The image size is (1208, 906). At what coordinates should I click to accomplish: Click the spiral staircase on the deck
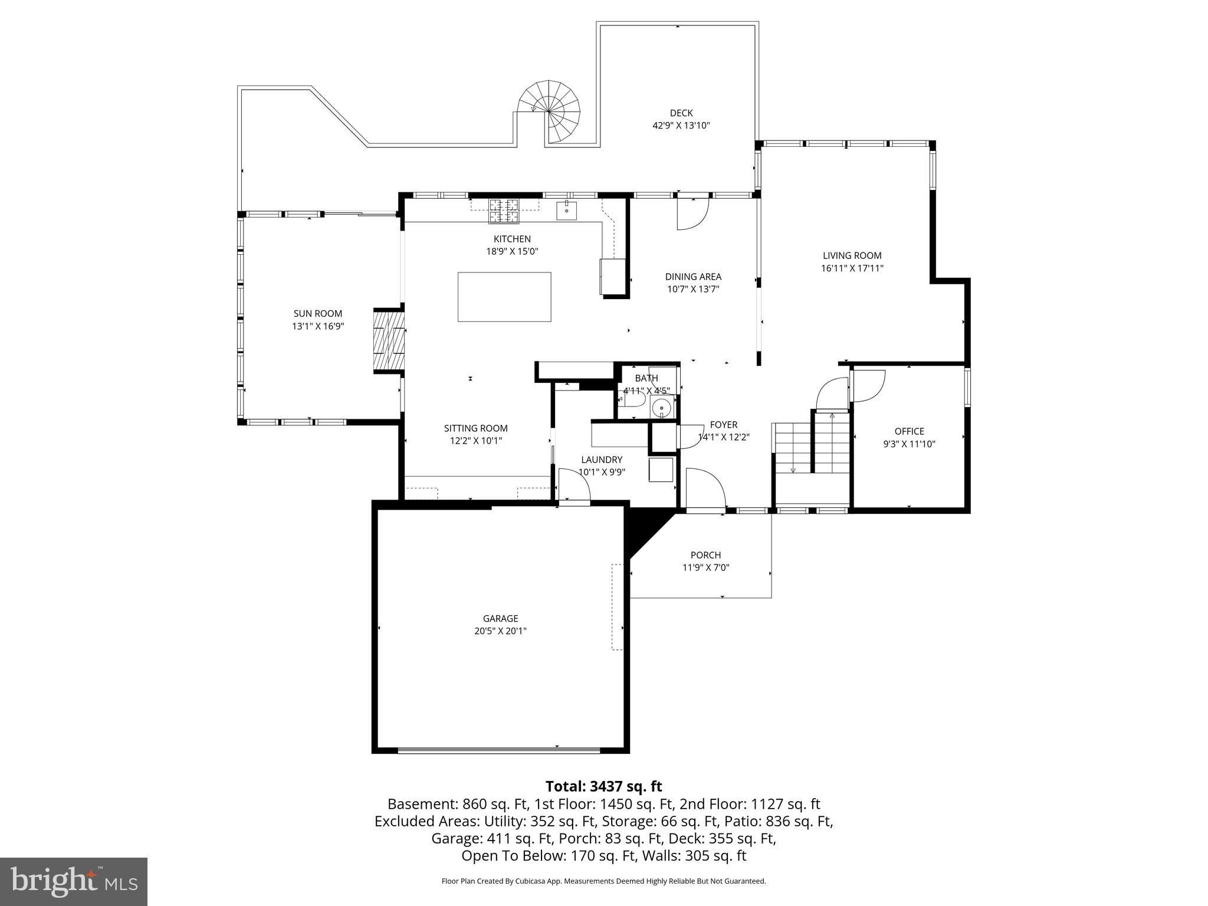point(549,111)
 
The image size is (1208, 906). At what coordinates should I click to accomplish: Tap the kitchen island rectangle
point(504,297)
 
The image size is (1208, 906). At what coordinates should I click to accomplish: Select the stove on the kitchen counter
point(504,212)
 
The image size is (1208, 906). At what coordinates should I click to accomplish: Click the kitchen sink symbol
point(566,210)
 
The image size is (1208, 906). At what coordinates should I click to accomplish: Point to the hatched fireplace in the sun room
point(389,341)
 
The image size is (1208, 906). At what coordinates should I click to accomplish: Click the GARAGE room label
point(500,618)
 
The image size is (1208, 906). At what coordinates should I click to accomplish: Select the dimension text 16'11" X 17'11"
point(852,268)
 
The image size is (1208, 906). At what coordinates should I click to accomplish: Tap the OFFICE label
point(909,431)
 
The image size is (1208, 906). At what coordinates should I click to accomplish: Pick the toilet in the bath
point(631,401)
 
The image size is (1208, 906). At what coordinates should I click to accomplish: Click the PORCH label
point(705,555)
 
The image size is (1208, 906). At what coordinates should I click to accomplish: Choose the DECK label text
point(681,113)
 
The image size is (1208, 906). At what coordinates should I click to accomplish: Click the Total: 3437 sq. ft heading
point(603,786)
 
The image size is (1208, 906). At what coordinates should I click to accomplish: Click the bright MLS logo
point(74,881)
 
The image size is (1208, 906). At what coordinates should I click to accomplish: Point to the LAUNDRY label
point(601,459)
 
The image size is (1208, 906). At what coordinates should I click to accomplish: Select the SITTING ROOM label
point(475,428)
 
